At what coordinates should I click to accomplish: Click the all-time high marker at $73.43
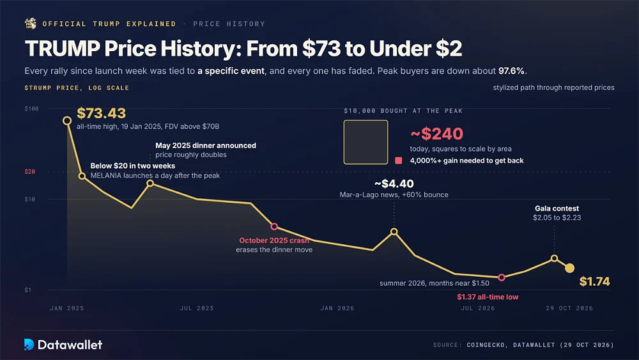(x=67, y=121)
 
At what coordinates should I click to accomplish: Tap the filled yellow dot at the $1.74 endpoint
(x=570, y=268)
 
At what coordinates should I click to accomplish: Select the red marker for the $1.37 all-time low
(x=502, y=278)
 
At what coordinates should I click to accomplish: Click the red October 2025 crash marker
(x=274, y=226)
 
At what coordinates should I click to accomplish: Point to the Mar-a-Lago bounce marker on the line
(x=394, y=231)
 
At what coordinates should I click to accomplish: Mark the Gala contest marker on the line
(x=554, y=258)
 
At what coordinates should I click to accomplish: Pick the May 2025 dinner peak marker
(x=150, y=184)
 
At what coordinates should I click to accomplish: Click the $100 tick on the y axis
(x=31, y=109)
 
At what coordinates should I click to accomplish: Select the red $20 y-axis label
(x=30, y=171)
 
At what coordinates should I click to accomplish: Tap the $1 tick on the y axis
(x=27, y=290)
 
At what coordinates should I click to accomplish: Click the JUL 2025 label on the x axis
(x=197, y=308)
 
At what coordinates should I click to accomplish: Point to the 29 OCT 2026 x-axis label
(x=569, y=308)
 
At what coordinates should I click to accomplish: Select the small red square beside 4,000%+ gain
(x=399, y=160)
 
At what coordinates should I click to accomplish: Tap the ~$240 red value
(x=436, y=134)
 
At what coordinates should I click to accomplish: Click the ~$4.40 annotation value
(x=394, y=184)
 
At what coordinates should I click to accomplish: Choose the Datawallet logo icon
(x=29, y=345)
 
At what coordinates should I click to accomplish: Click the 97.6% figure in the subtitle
(x=511, y=71)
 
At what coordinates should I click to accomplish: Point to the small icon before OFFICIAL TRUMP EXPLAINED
(x=31, y=24)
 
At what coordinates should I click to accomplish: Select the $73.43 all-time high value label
(x=102, y=113)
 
